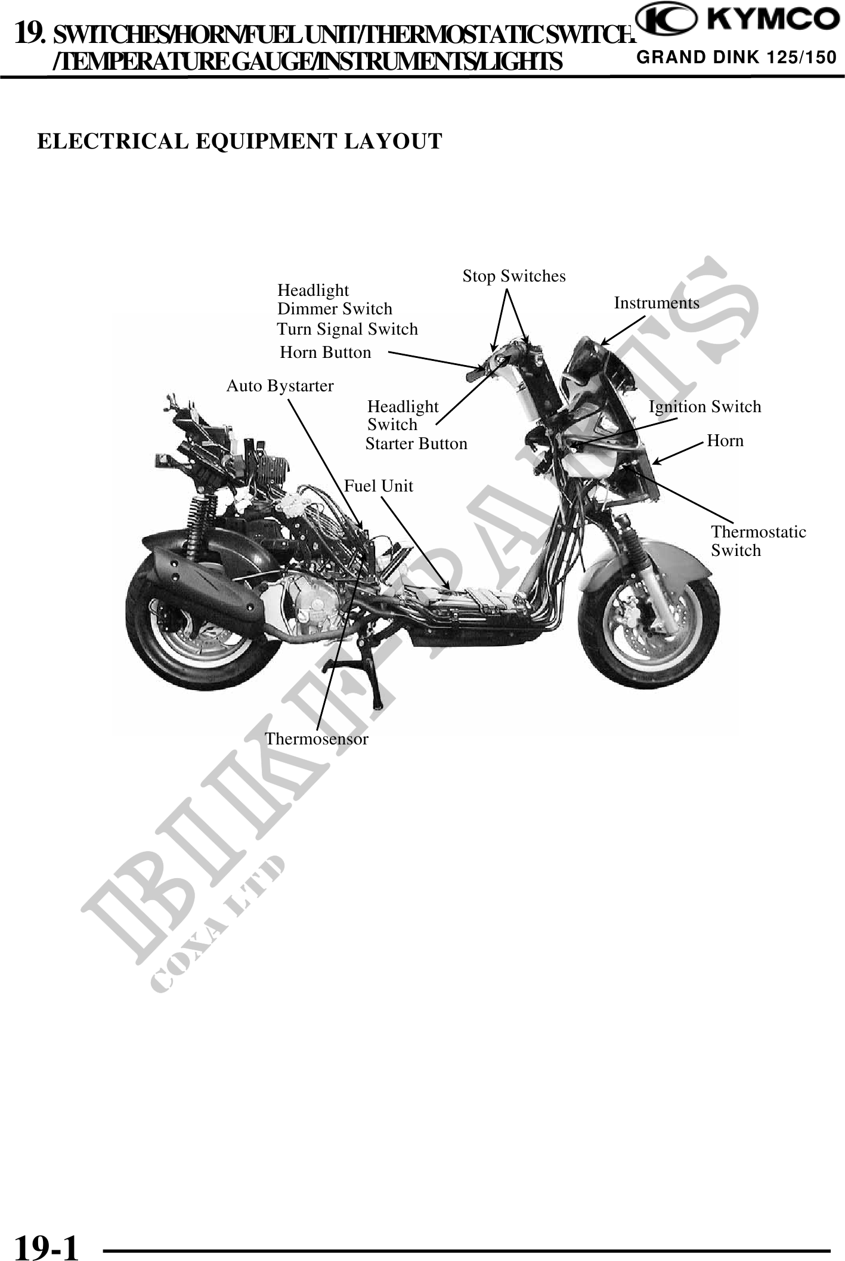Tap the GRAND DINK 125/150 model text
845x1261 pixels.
point(736,58)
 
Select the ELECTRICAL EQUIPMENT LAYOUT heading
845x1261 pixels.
point(240,141)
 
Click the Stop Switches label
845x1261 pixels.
point(514,276)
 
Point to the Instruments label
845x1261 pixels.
point(657,303)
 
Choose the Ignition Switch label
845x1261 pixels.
point(705,407)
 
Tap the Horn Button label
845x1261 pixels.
point(326,353)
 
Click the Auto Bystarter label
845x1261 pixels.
point(280,386)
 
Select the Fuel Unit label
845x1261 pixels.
point(379,486)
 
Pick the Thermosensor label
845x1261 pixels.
point(317,739)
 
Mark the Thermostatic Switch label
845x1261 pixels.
point(758,541)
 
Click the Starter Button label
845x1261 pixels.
point(416,444)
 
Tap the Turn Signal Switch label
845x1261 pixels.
point(347,329)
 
